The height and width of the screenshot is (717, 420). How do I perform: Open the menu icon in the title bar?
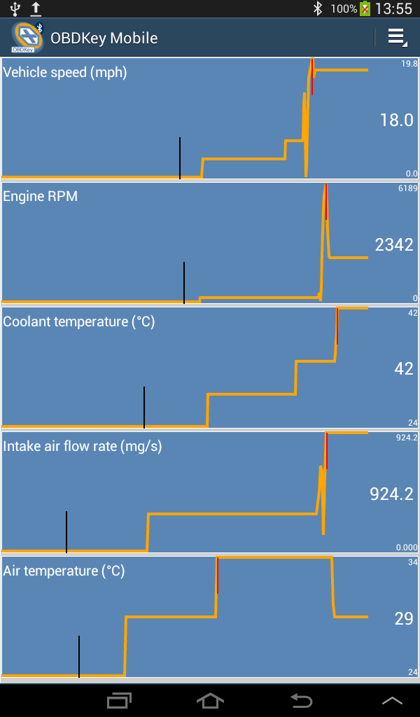click(x=397, y=37)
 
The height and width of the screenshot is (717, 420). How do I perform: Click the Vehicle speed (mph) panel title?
click(x=65, y=72)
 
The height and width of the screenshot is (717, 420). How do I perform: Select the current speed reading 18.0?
click(x=396, y=120)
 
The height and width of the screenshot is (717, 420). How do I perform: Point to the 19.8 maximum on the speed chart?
click(x=409, y=64)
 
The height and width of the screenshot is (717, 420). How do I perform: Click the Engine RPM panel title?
click(x=41, y=197)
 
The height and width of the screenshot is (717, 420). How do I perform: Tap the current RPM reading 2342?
click(x=394, y=245)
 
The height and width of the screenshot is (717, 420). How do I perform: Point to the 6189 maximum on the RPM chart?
click(x=408, y=188)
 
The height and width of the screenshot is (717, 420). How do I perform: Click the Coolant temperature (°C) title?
click(x=79, y=321)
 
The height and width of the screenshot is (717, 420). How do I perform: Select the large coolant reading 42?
click(x=404, y=369)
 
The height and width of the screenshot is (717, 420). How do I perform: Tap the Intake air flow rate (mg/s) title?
click(x=83, y=446)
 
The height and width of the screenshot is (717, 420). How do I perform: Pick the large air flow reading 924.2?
click(x=391, y=494)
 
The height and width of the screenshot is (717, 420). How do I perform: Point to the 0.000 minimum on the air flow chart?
click(x=407, y=548)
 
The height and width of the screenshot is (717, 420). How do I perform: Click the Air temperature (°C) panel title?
click(x=64, y=571)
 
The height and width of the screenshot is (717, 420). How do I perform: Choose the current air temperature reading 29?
click(x=404, y=619)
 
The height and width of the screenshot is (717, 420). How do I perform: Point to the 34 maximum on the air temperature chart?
click(x=412, y=562)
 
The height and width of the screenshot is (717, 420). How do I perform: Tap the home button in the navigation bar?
click(x=210, y=700)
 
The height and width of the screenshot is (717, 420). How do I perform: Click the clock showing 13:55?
click(x=394, y=9)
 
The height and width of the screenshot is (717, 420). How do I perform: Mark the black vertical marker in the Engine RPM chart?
click(x=184, y=282)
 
